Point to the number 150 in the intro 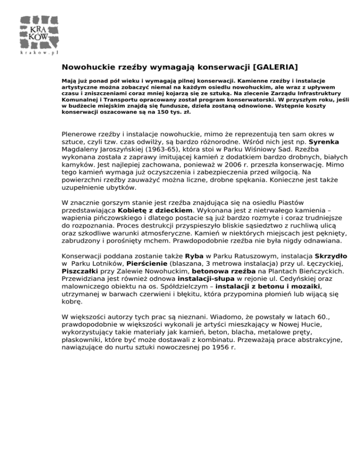tap(129, 113)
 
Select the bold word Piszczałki tap(81, 273)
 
